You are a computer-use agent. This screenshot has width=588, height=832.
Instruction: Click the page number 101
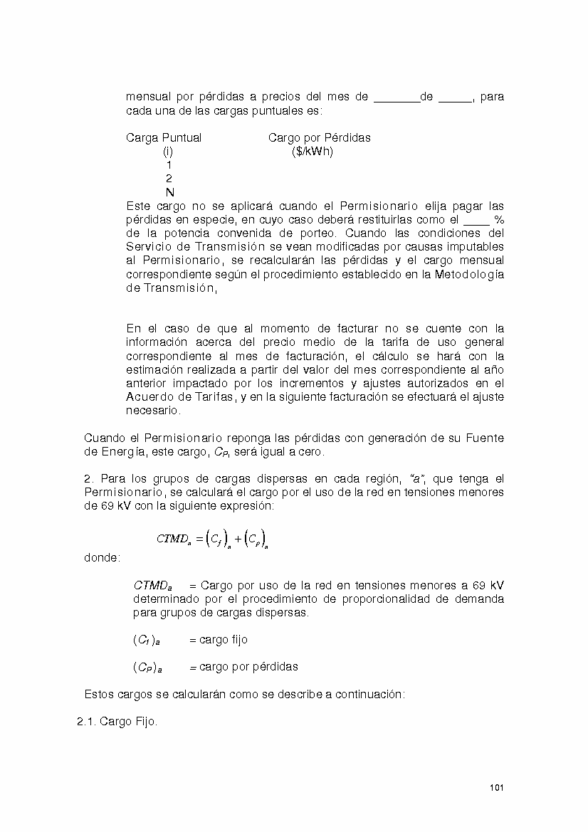[497, 787]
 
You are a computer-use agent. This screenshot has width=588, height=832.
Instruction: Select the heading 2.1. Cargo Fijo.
[117, 722]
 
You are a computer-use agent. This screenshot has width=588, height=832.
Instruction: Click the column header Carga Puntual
[164, 137]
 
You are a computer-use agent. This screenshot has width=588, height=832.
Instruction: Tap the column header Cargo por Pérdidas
[319, 137]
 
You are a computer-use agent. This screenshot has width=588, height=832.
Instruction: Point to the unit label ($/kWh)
[312, 151]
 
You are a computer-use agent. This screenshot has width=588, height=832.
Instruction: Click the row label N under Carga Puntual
[169, 192]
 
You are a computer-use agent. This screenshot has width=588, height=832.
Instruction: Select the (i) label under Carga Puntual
[168, 151]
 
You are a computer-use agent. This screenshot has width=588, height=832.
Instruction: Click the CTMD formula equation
[212, 539]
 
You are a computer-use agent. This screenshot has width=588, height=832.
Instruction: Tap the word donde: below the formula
[102, 558]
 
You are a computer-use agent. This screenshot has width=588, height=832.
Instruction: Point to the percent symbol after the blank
[498, 219]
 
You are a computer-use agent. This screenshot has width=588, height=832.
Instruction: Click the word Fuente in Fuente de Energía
[486, 438]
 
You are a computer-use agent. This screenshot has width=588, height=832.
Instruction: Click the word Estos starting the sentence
[99, 694]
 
